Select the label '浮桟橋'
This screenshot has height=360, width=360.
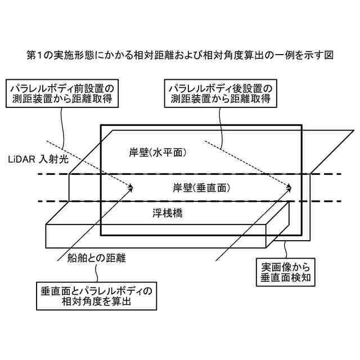(x=169, y=213)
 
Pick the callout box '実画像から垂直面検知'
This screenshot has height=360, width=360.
(x=283, y=271)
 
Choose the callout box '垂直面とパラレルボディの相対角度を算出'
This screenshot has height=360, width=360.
(x=97, y=296)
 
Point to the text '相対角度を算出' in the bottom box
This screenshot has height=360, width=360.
(x=97, y=302)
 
